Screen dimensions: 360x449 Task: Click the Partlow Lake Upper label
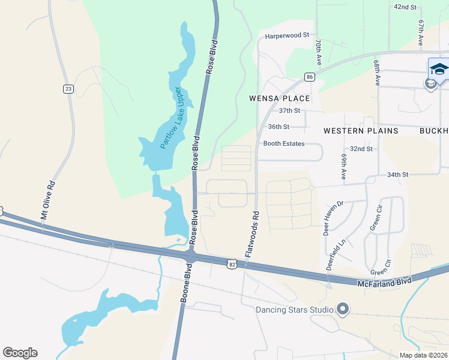click(169, 118)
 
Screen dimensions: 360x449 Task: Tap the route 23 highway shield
click(68, 89)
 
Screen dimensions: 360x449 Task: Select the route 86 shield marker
click(309, 77)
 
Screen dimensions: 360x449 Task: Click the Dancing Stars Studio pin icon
click(343, 310)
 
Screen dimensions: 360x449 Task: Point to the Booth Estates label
click(284, 144)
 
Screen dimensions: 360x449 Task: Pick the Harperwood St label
click(287, 37)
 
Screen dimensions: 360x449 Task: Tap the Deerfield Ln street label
click(336, 256)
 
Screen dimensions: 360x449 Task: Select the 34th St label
click(397, 175)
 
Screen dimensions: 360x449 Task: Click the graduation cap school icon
click(439, 68)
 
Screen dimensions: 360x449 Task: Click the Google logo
click(20, 353)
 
